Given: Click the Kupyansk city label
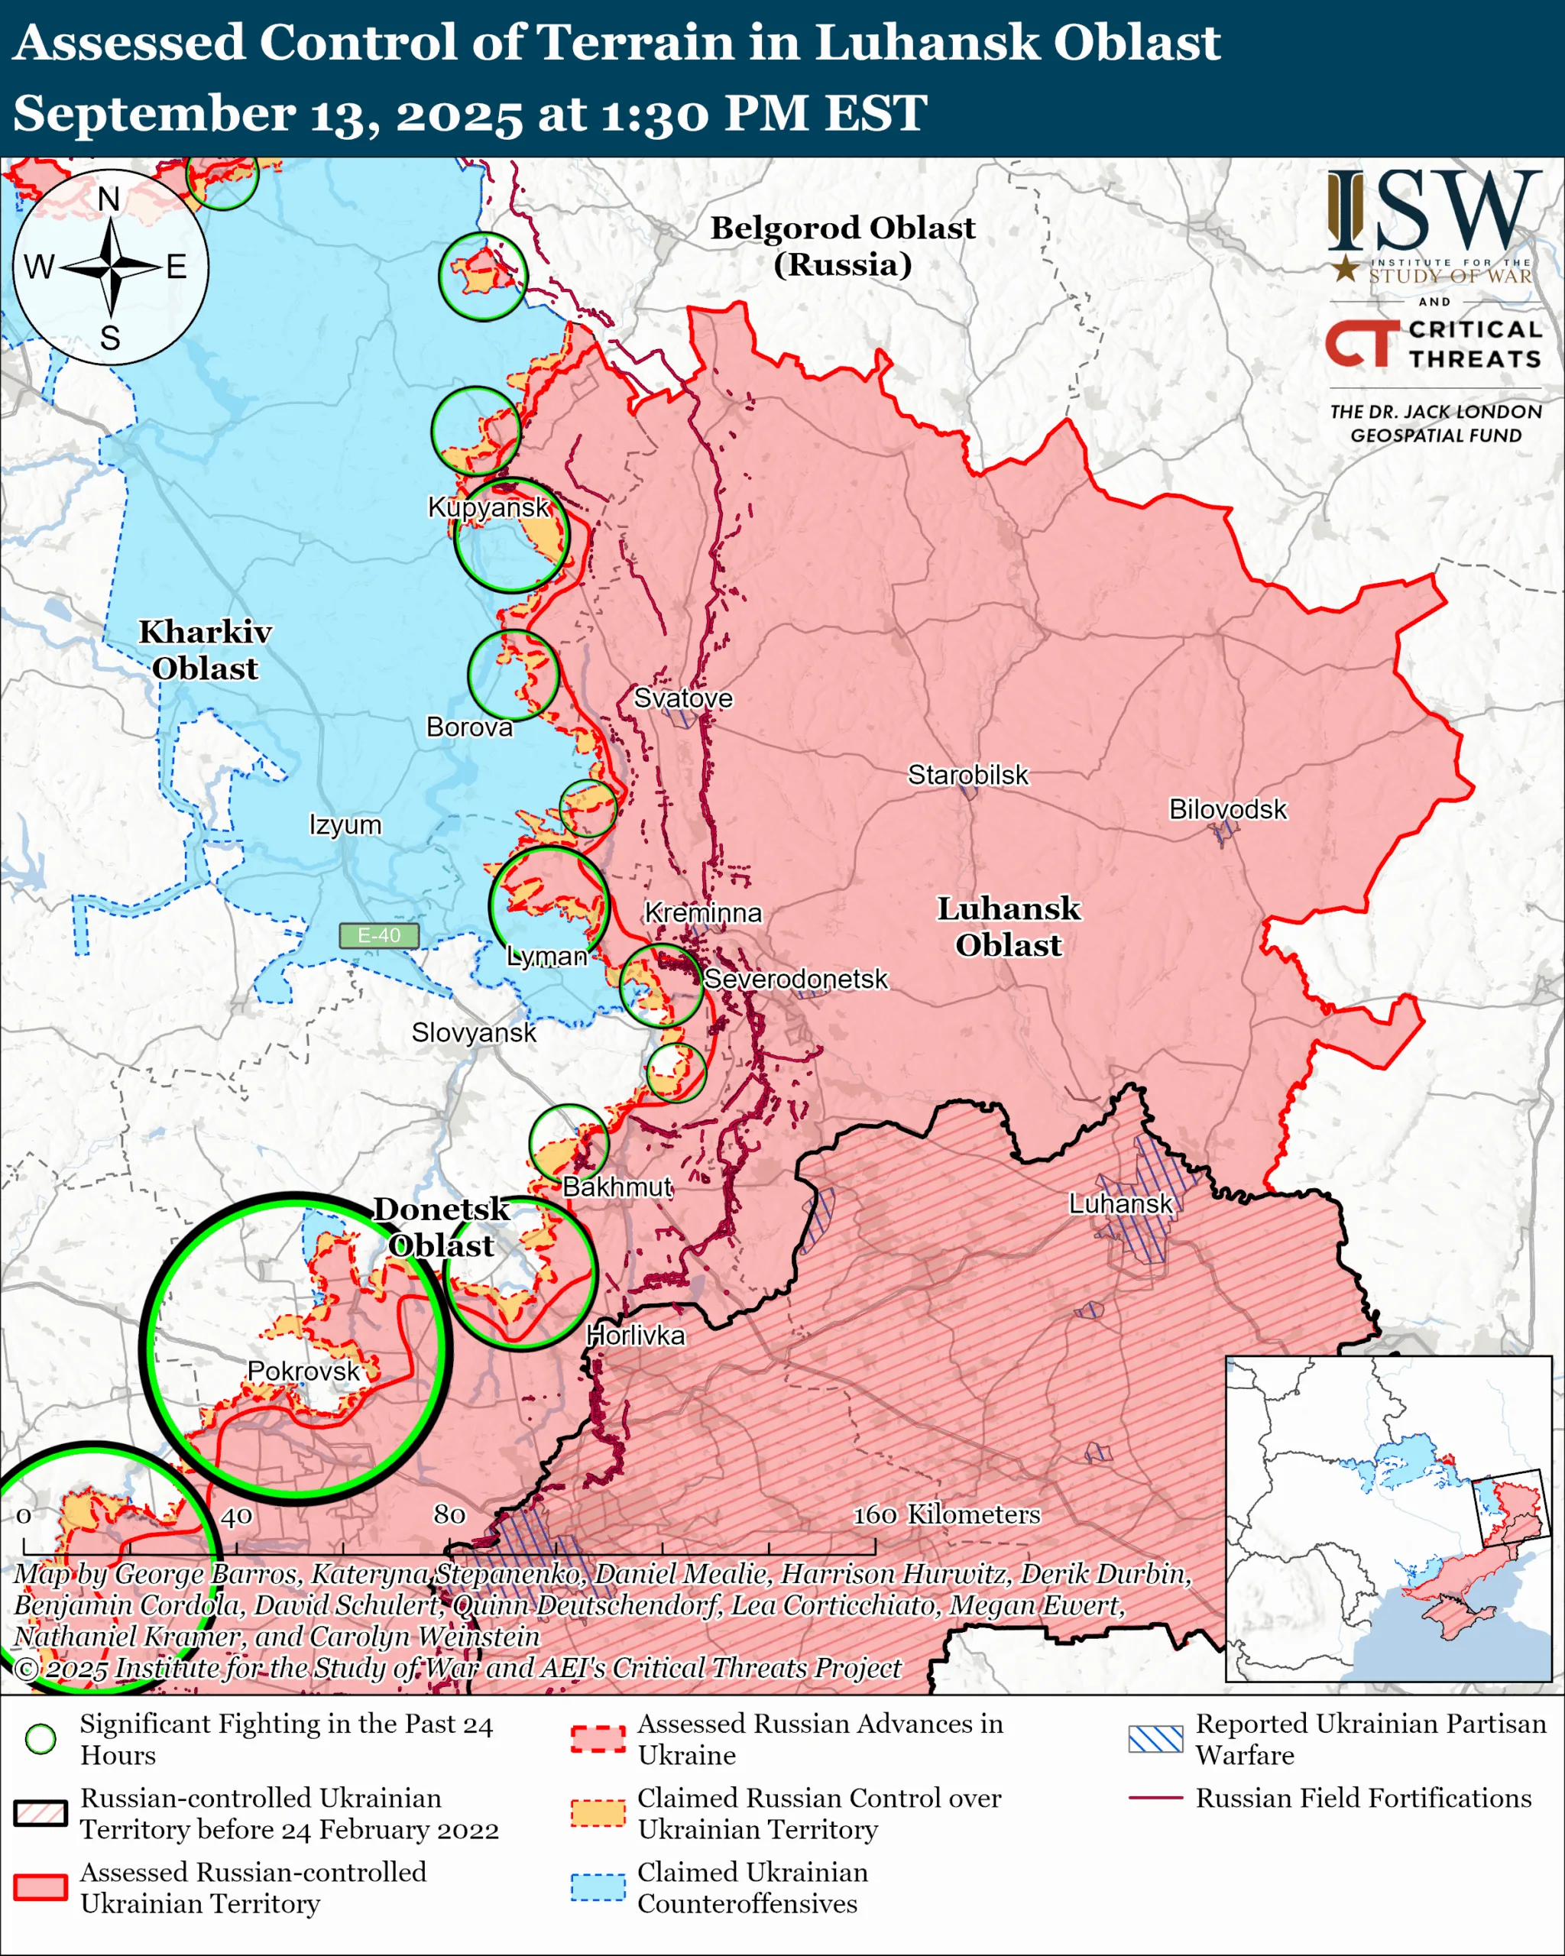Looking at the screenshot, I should tap(488, 507).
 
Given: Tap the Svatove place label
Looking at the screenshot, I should tap(682, 698).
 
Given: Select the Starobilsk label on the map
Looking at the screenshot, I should tap(968, 775).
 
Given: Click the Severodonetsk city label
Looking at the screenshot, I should tap(795, 979).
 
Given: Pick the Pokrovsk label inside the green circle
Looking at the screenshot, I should tap(303, 1370).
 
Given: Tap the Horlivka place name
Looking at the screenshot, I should tap(635, 1335).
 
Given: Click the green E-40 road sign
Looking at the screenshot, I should tap(378, 935).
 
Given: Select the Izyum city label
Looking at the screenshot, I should tap(345, 824).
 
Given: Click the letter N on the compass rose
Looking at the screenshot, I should tap(109, 199).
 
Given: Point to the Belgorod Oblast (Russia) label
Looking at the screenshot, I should tap(842, 245).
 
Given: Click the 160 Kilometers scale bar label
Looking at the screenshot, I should tap(945, 1514).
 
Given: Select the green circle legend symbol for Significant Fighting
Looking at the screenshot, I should tap(40, 1738).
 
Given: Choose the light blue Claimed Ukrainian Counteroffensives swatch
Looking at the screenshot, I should tap(598, 1887).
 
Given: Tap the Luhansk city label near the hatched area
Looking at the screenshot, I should tap(1120, 1204).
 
